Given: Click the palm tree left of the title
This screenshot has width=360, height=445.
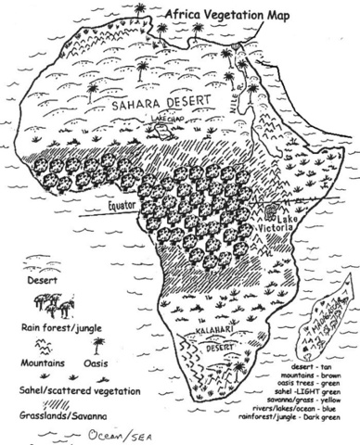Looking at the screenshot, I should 139,10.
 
